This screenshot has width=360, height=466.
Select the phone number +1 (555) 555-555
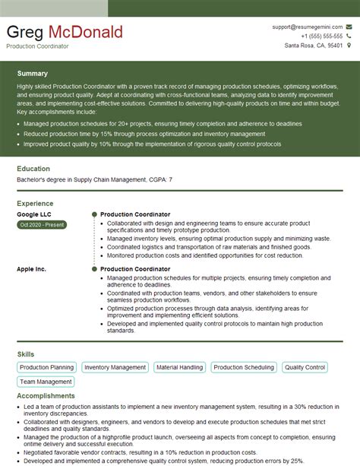pyautogui.click(x=321, y=36)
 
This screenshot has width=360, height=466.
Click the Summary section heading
pyautogui.click(x=32, y=74)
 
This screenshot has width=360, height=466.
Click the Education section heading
pyautogui.click(x=33, y=169)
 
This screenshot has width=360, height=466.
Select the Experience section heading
pyautogui.click(x=35, y=204)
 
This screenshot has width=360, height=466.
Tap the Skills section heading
pyautogui.click(x=25, y=354)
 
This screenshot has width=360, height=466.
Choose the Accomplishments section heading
pyautogui.click(x=46, y=396)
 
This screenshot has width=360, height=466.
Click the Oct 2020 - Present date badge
pyautogui.click(x=42, y=225)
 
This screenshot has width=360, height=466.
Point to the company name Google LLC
pyautogui.click(x=33, y=214)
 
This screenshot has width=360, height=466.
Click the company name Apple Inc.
pyautogui.click(x=31, y=269)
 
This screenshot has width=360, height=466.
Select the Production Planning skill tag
pyautogui.click(x=46, y=368)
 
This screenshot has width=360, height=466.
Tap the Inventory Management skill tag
pyautogui.click(x=115, y=368)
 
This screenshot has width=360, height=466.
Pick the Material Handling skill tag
pyautogui.click(x=179, y=368)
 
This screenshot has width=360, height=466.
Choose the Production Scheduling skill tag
pyautogui.click(x=244, y=368)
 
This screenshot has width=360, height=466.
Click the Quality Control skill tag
pyautogui.click(x=305, y=368)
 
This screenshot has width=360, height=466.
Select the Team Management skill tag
pyautogui.click(x=46, y=382)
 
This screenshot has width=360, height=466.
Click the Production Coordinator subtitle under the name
pyautogui.click(x=37, y=46)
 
